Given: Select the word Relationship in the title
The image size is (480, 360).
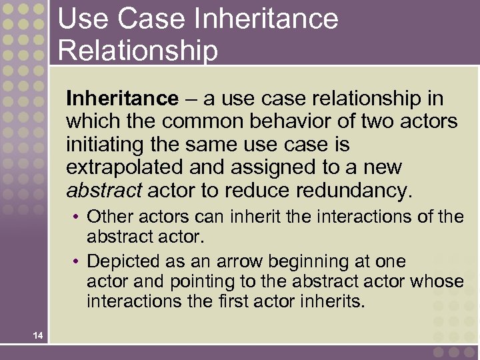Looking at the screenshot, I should [x=137, y=50].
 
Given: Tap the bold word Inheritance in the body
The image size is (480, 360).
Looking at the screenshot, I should [x=122, y=99].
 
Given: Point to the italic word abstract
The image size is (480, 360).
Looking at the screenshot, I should [x=103, y=190].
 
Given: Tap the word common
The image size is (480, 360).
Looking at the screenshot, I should [x=203, y=121].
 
